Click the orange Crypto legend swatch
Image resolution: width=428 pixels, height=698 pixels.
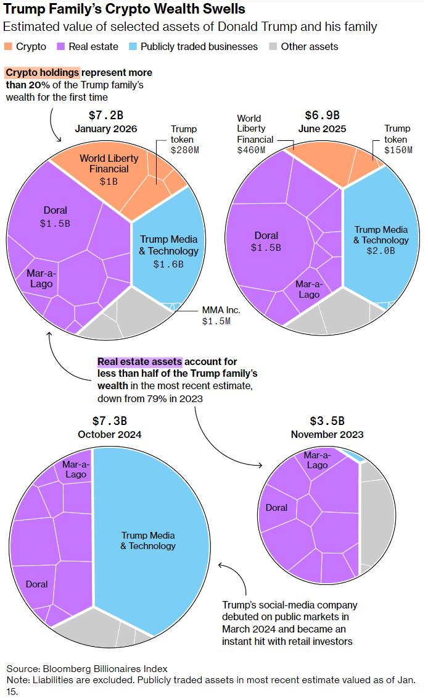point(8,46)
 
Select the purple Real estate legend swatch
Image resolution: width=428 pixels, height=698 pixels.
point(60,46)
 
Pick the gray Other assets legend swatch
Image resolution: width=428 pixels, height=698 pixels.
point(273,46)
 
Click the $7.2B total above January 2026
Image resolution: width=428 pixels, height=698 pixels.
point(106,116)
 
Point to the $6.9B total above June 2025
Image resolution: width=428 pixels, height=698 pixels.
point(322,116)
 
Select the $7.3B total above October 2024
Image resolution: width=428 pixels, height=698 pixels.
point(110,421)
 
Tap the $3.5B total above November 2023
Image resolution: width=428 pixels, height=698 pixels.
point(327,421)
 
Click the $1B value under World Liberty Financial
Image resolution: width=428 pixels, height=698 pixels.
point(109,182)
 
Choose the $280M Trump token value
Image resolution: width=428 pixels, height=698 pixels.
point(184,150)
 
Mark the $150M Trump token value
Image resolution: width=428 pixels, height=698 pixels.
point(398,150)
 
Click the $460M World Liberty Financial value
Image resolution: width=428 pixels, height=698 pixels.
point(251,150)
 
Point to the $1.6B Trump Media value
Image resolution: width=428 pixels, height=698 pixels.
point(168,264)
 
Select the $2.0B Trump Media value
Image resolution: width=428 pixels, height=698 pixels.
point(381,251)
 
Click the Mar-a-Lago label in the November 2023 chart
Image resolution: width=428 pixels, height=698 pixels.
point(318,460)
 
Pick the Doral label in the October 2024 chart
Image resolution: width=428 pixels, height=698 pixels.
point(36,584)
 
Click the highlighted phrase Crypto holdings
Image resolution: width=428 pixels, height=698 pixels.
point(43,72)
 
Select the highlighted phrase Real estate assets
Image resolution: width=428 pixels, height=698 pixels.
point(139,362)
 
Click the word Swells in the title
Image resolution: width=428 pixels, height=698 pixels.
point(221,9)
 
